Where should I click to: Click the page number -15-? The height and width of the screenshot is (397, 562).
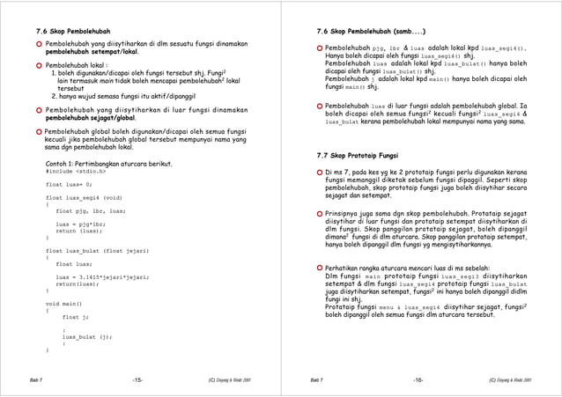(x=137, y=379)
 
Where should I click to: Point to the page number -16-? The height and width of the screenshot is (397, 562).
(x=418, y=379)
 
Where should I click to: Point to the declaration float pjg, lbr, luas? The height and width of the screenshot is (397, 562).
(x=90, y=211)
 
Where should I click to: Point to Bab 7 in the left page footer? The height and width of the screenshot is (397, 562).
(x=34, y=379)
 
